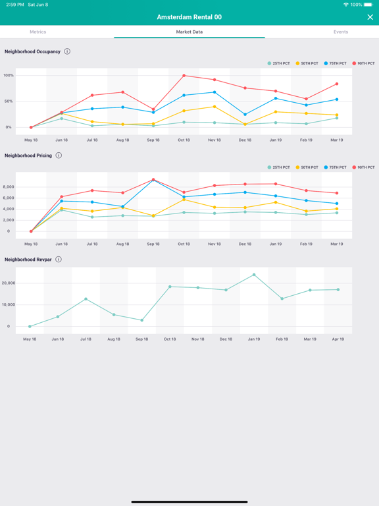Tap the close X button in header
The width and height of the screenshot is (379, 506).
[x=370, y=17]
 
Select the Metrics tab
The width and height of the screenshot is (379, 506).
[x=38, y=32]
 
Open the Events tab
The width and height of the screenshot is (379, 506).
[x=340, y=32]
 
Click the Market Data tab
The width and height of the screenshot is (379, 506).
[x=189, y=32]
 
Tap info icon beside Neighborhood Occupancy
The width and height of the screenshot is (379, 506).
[x=67, y=51]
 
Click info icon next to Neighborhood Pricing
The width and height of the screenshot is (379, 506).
[x=59, y=155]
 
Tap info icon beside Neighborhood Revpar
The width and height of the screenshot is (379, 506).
[x=59, y=260]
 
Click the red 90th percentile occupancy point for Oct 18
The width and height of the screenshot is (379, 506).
[x=184, y=76]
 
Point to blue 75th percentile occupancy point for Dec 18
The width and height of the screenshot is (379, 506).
[x=245, y=115]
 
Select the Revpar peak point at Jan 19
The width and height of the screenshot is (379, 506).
[x=254, y=275]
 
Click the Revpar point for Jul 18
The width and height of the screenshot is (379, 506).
[x=86, y=299]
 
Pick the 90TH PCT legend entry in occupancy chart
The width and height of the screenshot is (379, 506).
[x=363, y=64]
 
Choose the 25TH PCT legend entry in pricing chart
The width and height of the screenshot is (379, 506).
[x=278, y=167]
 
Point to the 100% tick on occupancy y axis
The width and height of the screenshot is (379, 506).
[x=9, y=76]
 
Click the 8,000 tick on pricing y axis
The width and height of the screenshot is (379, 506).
[x=9, y=187]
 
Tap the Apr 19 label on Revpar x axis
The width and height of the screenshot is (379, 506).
[x=338, y=339]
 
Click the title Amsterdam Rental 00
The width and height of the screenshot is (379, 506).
[x=189, y=17]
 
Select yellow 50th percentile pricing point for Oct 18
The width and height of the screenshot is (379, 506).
[x=184, y=200]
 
